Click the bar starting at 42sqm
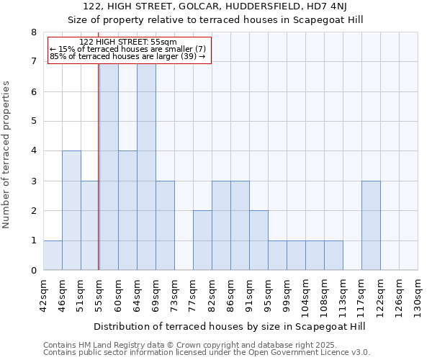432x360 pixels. pos(53,255)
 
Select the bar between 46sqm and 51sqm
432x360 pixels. pos(71,210)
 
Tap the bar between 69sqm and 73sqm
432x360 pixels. pos(165,225)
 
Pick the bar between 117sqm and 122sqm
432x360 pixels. pos(371,225)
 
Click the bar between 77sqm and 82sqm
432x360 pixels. pos(202,240)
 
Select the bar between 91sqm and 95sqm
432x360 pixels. pos(258,240)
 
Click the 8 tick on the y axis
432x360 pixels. pos(33,32)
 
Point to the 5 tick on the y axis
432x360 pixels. pos(33,122)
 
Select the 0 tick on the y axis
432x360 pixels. pos(33,271)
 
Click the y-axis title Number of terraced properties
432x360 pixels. pos(7,155)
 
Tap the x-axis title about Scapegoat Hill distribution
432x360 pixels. pos(230,326)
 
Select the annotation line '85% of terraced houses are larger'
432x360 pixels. pos(127,56)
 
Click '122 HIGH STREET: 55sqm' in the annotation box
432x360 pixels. pos(127,42)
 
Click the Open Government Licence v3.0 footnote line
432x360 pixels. pos(207,353)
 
